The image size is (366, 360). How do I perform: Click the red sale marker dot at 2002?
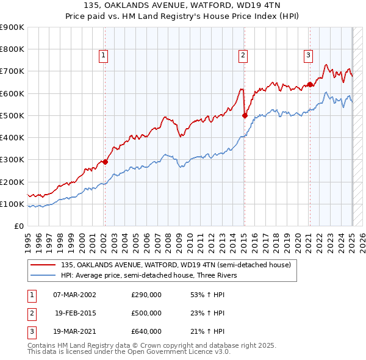[x=105, y=162]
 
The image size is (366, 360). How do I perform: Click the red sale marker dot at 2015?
[x=244, y=115]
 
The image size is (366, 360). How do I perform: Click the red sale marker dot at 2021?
[x=309, y=84]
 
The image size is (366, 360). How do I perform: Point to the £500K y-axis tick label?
[x=12, y=115]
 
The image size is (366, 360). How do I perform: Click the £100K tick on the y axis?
[x=12, y=204]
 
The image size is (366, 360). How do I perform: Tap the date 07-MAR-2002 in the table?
[x=74, y=295]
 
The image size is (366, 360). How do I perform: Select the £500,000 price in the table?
[x=146, y=313]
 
